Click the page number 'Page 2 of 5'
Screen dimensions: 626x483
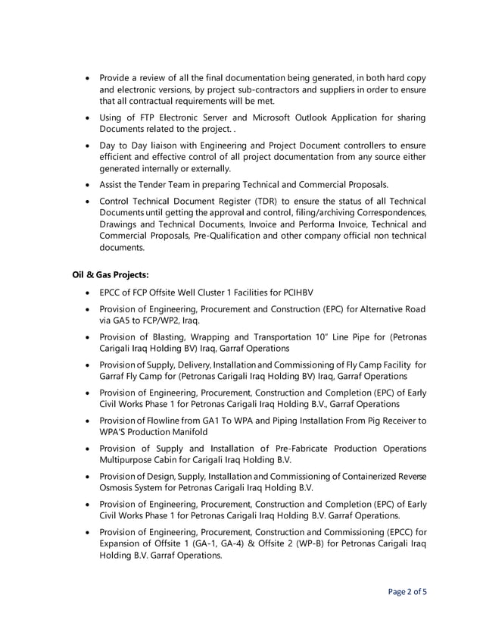(x=407, y=591)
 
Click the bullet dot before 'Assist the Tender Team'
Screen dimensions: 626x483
(x=90, y=184)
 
